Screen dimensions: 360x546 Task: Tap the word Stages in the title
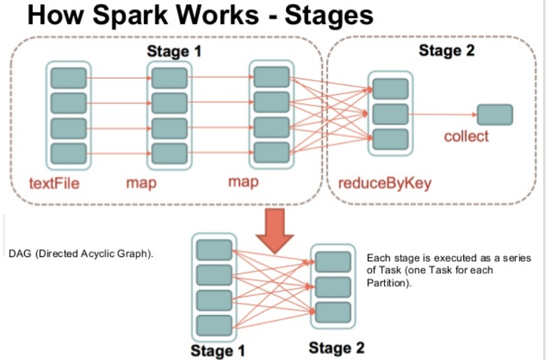click(329, 16)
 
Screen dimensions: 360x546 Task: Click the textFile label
click(54, 182)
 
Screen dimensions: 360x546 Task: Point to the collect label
click(467, 137)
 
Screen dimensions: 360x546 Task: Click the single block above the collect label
click(495, 114)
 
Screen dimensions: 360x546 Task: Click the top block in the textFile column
click(68, 78)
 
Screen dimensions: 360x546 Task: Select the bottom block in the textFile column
click(68, 153)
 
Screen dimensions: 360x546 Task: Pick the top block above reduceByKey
click(391, 89)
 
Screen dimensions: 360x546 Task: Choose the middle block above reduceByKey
click(391, 114)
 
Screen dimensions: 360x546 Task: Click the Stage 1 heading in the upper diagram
click(174, 50)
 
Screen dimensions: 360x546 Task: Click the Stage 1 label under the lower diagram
click(218, 351)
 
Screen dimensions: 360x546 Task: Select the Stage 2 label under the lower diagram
click(336, 348)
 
